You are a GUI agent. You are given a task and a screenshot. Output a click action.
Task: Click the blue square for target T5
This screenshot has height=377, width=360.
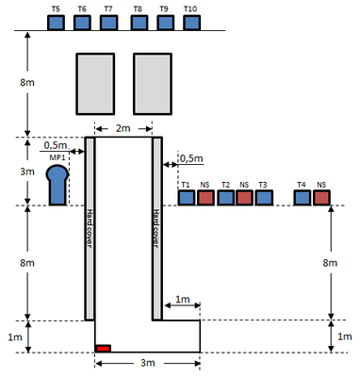(x=56, y=23)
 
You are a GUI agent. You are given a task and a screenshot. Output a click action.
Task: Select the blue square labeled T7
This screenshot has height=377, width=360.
(x=108, y=23)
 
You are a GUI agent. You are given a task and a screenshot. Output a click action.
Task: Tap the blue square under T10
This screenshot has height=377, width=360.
(x=191, y=23)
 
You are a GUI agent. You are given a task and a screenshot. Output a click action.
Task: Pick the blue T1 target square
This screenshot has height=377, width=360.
(x=187, y=198)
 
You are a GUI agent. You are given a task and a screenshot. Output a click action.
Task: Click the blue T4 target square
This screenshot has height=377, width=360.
(x=303, y=198)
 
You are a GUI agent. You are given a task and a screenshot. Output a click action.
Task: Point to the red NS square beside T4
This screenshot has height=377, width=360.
(x=321, y=198)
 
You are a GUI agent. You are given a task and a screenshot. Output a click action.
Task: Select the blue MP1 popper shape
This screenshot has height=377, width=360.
(x=57, y=186)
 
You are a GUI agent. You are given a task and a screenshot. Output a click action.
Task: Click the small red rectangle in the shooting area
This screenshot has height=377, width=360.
(x=104, y=349)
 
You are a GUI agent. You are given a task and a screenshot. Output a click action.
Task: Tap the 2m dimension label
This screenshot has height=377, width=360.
(x=123, y=128)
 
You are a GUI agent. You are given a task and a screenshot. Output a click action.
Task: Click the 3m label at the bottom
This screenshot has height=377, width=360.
(x=148, y=363)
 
